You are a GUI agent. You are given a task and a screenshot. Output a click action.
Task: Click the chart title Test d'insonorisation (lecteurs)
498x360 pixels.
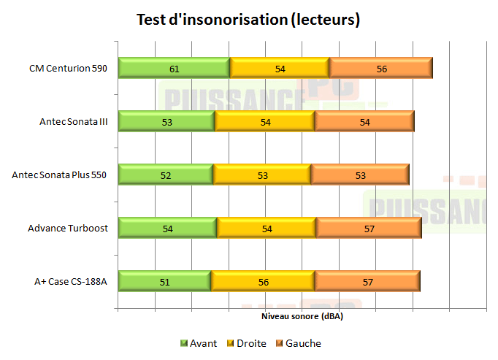[248, 20]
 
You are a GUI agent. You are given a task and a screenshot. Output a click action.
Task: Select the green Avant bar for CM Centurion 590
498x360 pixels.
[174, 68]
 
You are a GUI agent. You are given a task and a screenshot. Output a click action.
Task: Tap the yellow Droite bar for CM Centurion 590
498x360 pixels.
[280, 68]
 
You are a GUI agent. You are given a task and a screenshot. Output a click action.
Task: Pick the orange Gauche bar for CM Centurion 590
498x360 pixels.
[381, 68]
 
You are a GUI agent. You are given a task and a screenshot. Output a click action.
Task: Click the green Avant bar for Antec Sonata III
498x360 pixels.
[166, 121]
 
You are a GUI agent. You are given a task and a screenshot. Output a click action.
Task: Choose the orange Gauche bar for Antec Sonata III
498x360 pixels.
[364, 121]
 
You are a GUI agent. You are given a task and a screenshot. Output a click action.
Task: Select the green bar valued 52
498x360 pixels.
[166, 175]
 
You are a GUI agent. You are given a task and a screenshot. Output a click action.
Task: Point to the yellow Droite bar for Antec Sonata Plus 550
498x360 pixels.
[262, 175]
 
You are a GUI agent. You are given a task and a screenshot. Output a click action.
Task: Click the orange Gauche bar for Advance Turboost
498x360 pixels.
[369, 228]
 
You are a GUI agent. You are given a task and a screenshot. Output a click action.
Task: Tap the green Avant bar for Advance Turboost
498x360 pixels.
[167, 228]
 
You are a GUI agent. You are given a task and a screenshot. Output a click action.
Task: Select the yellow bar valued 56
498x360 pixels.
[263, 281]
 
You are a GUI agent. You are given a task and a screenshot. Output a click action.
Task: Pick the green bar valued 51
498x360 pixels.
[164, 281]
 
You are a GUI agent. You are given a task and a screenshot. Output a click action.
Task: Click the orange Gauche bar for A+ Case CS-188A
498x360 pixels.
[367, 281]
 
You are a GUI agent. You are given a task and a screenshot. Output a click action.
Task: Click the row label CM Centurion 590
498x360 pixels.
[69, 69]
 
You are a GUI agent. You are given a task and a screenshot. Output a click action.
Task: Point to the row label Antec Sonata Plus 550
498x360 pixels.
[61, 175]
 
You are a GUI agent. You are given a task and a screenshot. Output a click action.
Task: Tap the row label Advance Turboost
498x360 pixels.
[68, 229]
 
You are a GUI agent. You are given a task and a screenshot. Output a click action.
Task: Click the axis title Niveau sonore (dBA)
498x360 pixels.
[302, 318]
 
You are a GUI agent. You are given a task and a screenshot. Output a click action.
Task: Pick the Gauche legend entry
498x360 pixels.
[298, 343]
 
